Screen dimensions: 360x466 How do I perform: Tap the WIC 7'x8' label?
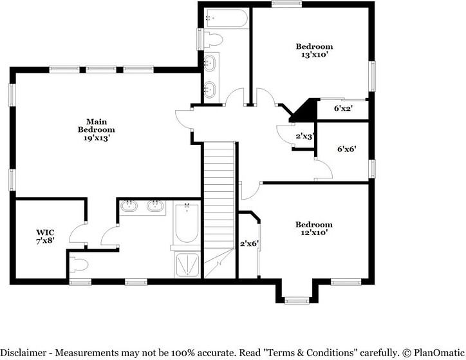pyautogui.click(x=45, y=236)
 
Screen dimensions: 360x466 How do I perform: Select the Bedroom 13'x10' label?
pyautogui.click(x=314, y=50)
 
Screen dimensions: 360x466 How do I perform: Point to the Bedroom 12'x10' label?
pyautogui.click(x=314, y=229)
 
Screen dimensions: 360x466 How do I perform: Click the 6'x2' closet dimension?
pyautogui.click(x=343, y=109)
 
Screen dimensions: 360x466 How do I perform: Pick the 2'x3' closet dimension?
pyautogui.click(x=304, y=137)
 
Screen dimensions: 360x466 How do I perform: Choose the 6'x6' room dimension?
pyautogui.click(x=346, y=149)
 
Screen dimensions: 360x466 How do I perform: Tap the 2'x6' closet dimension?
pyautogui.click(x=248, y=244)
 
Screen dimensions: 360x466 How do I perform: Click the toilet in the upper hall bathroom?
pyautogui.click(x=214, y=40)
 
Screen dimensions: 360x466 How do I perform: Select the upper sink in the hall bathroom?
pyautogui.click(x=210, y=64)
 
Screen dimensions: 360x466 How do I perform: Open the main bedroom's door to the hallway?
pyautogui.click(x=185, y=119)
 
